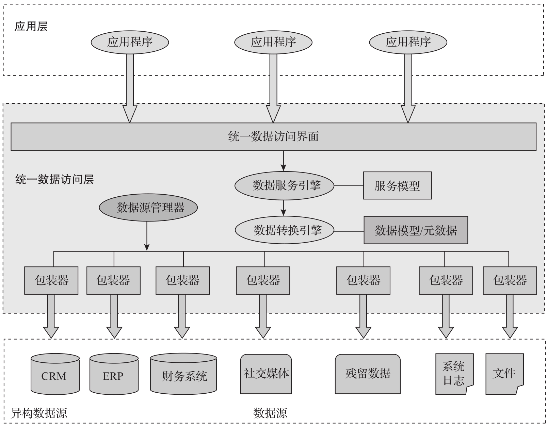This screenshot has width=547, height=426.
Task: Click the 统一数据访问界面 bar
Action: click(x=273, y=136)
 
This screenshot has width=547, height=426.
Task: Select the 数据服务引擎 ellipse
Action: click(x=284, y=186)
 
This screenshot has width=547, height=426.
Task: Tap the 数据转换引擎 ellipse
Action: click(x=284, y=230)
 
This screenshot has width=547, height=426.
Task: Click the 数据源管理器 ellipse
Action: click(x=148, y=208)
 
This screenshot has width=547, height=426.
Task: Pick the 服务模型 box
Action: click(x=397, y=186)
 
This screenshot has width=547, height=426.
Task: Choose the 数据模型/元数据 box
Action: click(x=416, y=230)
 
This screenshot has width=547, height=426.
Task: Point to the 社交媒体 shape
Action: click(x=266, y=374)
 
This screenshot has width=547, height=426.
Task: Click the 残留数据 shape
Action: click(x=368, y=374)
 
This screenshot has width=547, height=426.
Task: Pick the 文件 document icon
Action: click(x=504, y=374)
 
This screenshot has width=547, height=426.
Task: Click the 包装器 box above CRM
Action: click(x=51, y=280)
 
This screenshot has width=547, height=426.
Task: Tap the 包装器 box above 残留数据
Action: click(x=363, y=280)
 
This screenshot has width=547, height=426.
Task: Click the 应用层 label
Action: click(x=31, y=27)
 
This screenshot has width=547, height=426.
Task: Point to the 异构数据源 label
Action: click(x=39, y=413)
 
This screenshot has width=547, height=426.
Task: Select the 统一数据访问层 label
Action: click(x=54, y=179)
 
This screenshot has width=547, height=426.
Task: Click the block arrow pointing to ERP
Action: click(x=114, y=316)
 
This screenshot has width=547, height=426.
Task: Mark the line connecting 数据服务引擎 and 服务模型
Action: click(x=349, y=186)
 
